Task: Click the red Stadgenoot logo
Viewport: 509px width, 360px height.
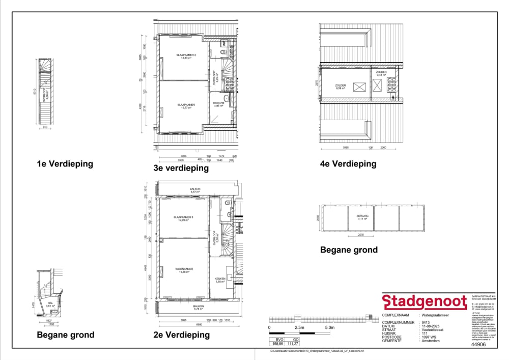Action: [424, 301]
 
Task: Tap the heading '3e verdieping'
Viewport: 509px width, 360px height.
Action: [181, 168]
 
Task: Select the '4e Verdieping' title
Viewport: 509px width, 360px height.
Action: [348, 163]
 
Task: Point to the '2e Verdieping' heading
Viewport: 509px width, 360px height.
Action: [182, 335]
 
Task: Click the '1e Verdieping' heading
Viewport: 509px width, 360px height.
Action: [65, 163]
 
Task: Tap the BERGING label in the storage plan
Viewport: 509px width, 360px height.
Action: [362, 217]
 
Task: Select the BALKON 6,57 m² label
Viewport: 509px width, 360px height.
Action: [195, 190]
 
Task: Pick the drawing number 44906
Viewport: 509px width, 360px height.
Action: [476, 344]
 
